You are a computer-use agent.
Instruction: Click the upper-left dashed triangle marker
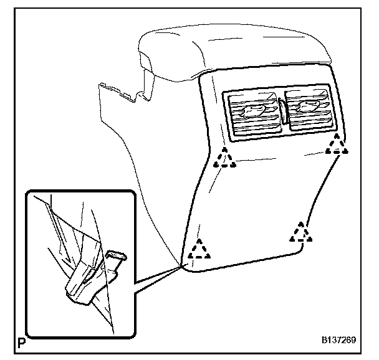tap(225, 160)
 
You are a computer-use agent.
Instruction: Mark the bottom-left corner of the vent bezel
tap(228, 135)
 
